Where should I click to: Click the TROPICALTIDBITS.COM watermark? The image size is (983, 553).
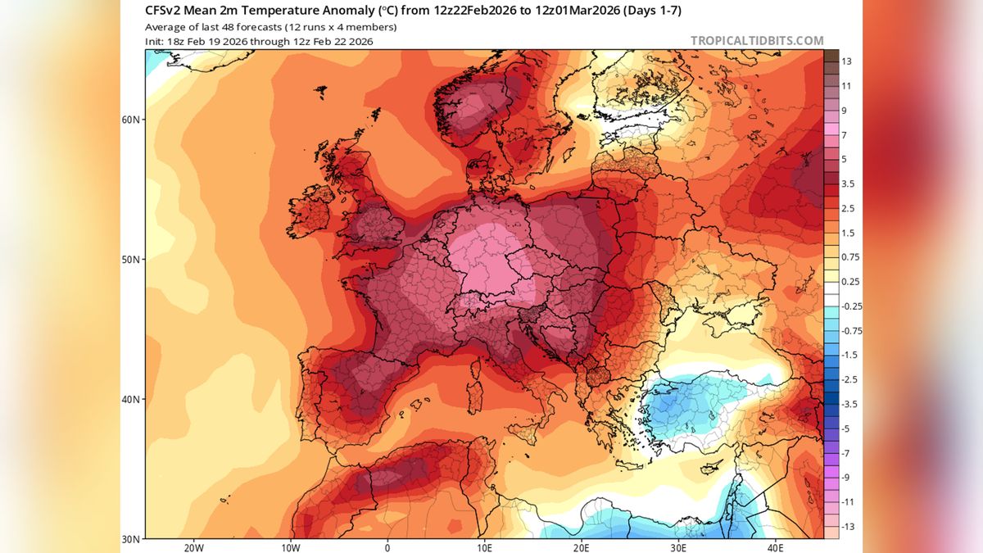coord(757,40)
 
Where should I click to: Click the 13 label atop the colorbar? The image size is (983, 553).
coord(846,62)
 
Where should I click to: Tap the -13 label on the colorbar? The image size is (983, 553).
coord(848,527)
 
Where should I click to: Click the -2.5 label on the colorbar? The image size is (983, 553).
coord(850,380)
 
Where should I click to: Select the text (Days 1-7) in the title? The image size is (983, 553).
coord(651,11)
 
